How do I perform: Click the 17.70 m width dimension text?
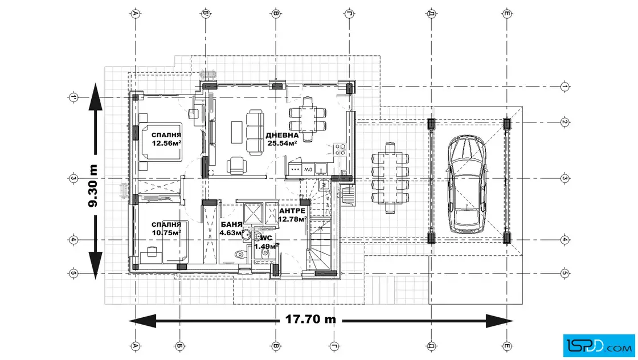[310, 320]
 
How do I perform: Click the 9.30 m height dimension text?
[93, 186]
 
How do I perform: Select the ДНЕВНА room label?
[282, 135]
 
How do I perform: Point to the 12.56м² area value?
[166, 143]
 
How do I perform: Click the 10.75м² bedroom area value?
[166, 232]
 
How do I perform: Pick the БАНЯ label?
[231, 224]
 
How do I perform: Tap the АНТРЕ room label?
[292, 211]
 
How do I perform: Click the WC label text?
[266, 238]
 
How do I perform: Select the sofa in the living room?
[255, 132]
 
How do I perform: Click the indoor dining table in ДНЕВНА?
[307, 119]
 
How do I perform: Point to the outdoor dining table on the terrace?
[390, 178]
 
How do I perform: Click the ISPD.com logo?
[599, 346]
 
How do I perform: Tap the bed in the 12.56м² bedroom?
[160, 142]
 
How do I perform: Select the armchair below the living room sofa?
[236, 165]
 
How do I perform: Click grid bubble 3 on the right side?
[565, 178]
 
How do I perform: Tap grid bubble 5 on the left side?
[73, 273]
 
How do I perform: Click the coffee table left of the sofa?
[236, 132]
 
